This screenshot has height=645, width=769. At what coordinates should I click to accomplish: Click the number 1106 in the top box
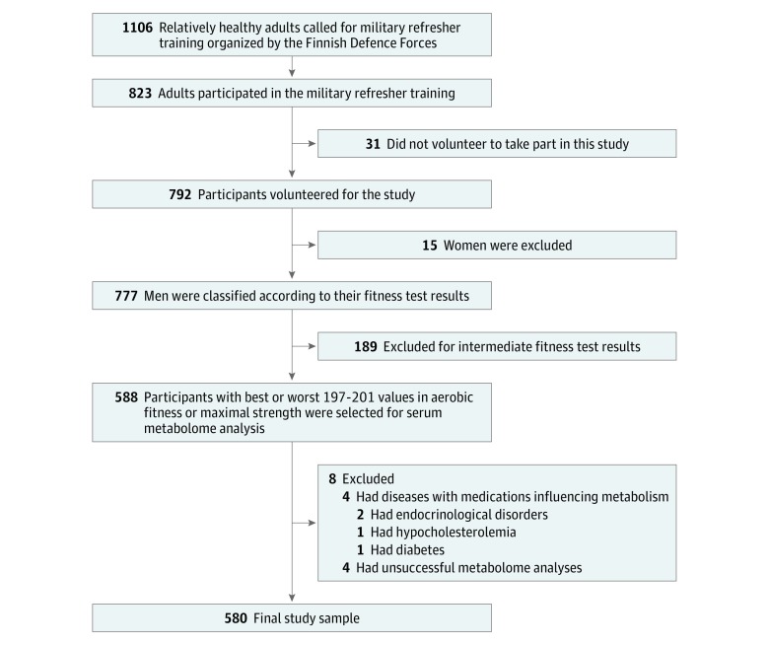(x=137, y=28)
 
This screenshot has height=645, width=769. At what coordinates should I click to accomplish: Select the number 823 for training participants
(x=140, y=93)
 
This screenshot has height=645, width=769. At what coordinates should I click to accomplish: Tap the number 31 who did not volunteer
(x=373, y=144)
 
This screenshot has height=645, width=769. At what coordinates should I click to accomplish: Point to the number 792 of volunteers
(x=180, y=194)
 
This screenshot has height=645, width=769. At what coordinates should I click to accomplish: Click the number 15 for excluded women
(x=430, y=246)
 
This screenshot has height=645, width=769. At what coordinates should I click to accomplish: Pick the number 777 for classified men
(x=126, y=296)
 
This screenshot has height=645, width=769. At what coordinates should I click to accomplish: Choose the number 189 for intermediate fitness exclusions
(x=366, y=347)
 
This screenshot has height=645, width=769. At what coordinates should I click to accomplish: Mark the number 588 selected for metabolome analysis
(x=126, y=397)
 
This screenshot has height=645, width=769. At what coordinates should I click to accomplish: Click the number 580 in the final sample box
(x=236, y=618)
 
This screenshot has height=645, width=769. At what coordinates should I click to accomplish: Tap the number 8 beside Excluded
(x=332, y=478)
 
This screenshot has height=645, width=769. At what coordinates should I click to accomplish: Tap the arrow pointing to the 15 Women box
(x=304, y=245)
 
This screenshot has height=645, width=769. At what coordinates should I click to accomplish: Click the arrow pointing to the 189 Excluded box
(x=304, y=346)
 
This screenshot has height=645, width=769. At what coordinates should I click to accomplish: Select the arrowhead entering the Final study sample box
(x=292, y=599)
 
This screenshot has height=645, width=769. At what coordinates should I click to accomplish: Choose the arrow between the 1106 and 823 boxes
(x=292, y=67)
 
